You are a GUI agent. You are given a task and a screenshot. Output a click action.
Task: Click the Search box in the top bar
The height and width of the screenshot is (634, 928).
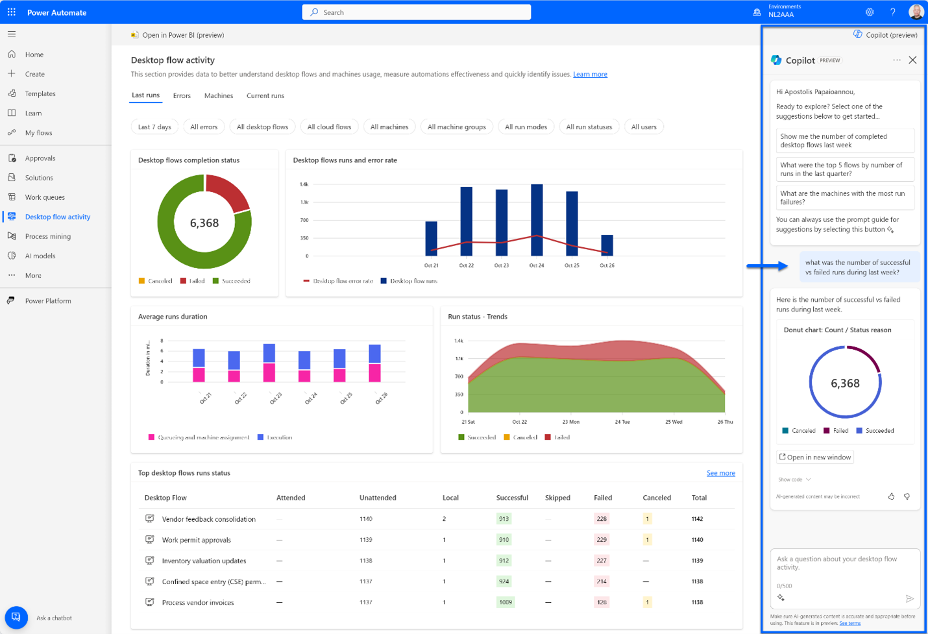pos(416,12)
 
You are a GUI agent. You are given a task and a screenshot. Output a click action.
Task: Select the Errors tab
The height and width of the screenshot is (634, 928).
pos(182,95)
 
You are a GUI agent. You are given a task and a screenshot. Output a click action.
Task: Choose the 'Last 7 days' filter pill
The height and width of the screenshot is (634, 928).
pos(154,127)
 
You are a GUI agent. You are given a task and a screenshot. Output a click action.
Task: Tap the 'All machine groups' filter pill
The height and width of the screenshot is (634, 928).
pos(456,127)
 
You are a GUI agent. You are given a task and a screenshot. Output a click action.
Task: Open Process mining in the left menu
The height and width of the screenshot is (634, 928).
pos(47,236)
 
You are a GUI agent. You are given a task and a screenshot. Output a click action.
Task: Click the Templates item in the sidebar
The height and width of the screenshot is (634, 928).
pos(40,93)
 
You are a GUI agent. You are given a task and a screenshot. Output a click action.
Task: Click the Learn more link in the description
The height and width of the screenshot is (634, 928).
pos(590,75)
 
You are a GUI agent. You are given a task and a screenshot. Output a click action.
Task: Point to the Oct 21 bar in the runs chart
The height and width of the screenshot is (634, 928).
pos(431,238)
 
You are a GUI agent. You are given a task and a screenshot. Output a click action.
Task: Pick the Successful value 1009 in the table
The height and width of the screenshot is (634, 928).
pos(505,602)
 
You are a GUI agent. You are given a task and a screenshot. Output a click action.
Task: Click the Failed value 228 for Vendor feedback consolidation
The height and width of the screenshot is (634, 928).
pos(602,518)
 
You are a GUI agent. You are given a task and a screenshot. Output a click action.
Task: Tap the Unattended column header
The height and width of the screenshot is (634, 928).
pos(378,498)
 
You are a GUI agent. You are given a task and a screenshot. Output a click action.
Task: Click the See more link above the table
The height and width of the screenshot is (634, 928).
pos(720,473)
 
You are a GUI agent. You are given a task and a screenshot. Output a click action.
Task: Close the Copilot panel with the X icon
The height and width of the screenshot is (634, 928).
pos(912,60)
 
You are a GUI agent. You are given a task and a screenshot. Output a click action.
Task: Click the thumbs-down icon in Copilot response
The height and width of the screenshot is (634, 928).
pos(907,496)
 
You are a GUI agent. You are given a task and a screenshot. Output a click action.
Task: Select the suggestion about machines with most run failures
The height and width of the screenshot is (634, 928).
pos(845,198)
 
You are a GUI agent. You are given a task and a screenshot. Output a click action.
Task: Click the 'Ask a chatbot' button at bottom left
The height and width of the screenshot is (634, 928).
pos(16,617)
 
